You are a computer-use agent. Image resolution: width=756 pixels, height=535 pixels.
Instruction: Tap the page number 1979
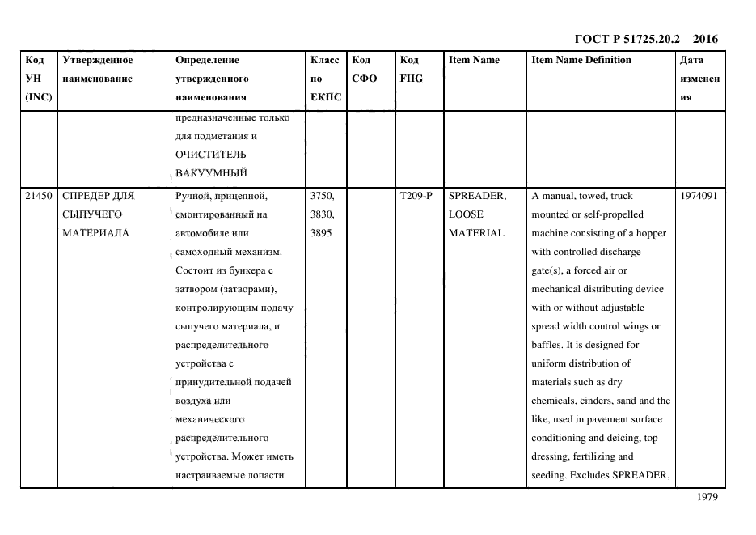coord(706,498)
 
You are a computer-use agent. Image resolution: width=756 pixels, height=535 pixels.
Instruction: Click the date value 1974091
coord(698,196)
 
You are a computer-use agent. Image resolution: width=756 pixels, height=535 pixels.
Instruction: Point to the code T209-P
coord(416,196)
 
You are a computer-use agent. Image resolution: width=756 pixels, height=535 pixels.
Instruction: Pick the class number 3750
coord(323,196)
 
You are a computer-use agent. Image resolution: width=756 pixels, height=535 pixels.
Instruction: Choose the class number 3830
coord(323,214)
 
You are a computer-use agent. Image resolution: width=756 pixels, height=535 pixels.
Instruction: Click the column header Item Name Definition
coord(581,60)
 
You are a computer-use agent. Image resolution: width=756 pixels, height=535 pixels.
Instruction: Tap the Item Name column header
coord(474,60)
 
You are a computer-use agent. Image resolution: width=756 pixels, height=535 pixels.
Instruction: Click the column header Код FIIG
coord(412,70)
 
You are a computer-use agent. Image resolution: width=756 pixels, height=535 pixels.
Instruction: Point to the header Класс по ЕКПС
coord(325,79)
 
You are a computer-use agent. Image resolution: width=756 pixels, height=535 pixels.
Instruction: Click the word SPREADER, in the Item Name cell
coord(477,196)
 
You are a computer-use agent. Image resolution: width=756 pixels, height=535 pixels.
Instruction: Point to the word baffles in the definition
coord(548,345)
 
